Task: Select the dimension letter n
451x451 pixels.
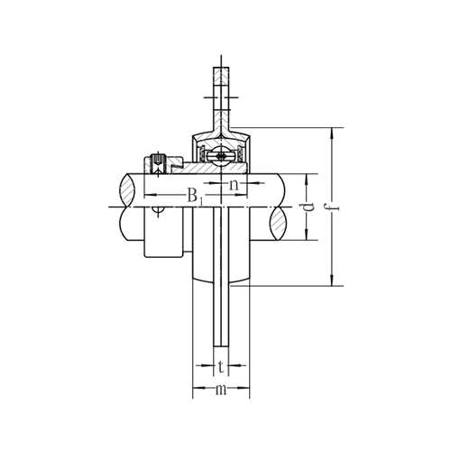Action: point(234,185)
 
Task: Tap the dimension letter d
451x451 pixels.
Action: point(309,207)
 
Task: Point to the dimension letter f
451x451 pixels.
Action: point(336,207)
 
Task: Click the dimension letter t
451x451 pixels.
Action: point(221,367)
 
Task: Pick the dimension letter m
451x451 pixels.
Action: point(221,390)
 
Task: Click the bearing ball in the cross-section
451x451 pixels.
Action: point(221,156)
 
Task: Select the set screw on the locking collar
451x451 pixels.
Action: point(159,163)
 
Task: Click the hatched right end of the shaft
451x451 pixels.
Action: point(278,223)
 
